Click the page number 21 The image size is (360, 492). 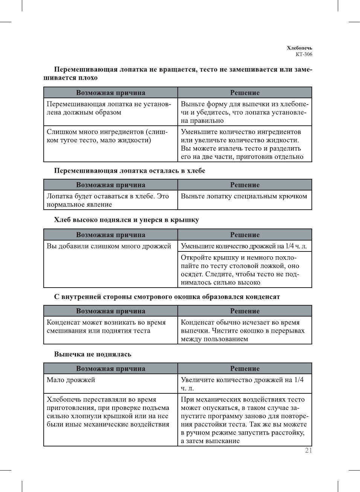coord(308,450)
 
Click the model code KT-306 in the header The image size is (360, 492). coord(304,54)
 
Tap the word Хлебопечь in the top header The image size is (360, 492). coord(299,48)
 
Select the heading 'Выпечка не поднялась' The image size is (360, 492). coord(93,354)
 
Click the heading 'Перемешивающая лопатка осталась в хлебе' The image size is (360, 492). coord(130,171)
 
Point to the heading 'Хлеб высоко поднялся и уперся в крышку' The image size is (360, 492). coord(127,220)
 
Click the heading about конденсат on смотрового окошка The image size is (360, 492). coord(167,297)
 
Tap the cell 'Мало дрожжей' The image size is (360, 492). coord(71,380)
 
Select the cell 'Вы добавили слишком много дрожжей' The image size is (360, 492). coord(108,246)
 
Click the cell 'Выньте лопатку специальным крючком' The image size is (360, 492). coord(244,196)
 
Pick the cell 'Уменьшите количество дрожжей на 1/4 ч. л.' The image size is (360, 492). coord(244,246)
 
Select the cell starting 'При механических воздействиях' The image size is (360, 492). coord(244,420)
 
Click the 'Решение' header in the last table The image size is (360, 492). coord(245,369)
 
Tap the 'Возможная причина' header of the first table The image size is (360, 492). coord(110,93)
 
